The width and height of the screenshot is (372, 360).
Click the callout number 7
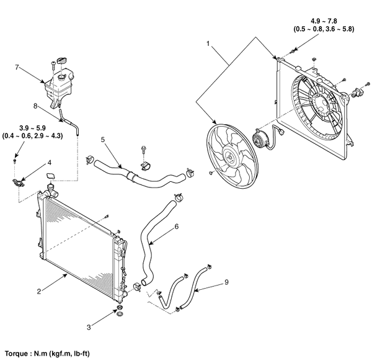[x=17, y=67]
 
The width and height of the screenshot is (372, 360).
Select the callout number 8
[x=35, y=106]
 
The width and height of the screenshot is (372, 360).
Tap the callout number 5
[x=103, y=140]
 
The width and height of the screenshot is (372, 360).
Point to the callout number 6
[x=176, y=227]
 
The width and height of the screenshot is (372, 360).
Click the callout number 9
[x=226, y=282]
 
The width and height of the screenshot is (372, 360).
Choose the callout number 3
[x=89, y=327]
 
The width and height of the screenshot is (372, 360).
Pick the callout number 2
[x=39, y=291]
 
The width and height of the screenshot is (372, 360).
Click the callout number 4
[x=50, y=163]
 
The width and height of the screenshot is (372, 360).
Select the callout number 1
[x=208, y=44]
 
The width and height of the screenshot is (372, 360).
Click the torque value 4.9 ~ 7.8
[x=324, y=21]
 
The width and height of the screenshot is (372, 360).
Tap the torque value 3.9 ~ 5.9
[x=32, y=128]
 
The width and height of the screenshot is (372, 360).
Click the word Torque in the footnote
[x=16, y=354]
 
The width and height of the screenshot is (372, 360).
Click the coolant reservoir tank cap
[x=63, y=60]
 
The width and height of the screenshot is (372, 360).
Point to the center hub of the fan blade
[x=230, y=157]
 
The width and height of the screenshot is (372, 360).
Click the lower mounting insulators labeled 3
[x=120, y=311]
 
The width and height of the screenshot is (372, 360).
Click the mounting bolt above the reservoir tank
[x=53, y=65]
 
